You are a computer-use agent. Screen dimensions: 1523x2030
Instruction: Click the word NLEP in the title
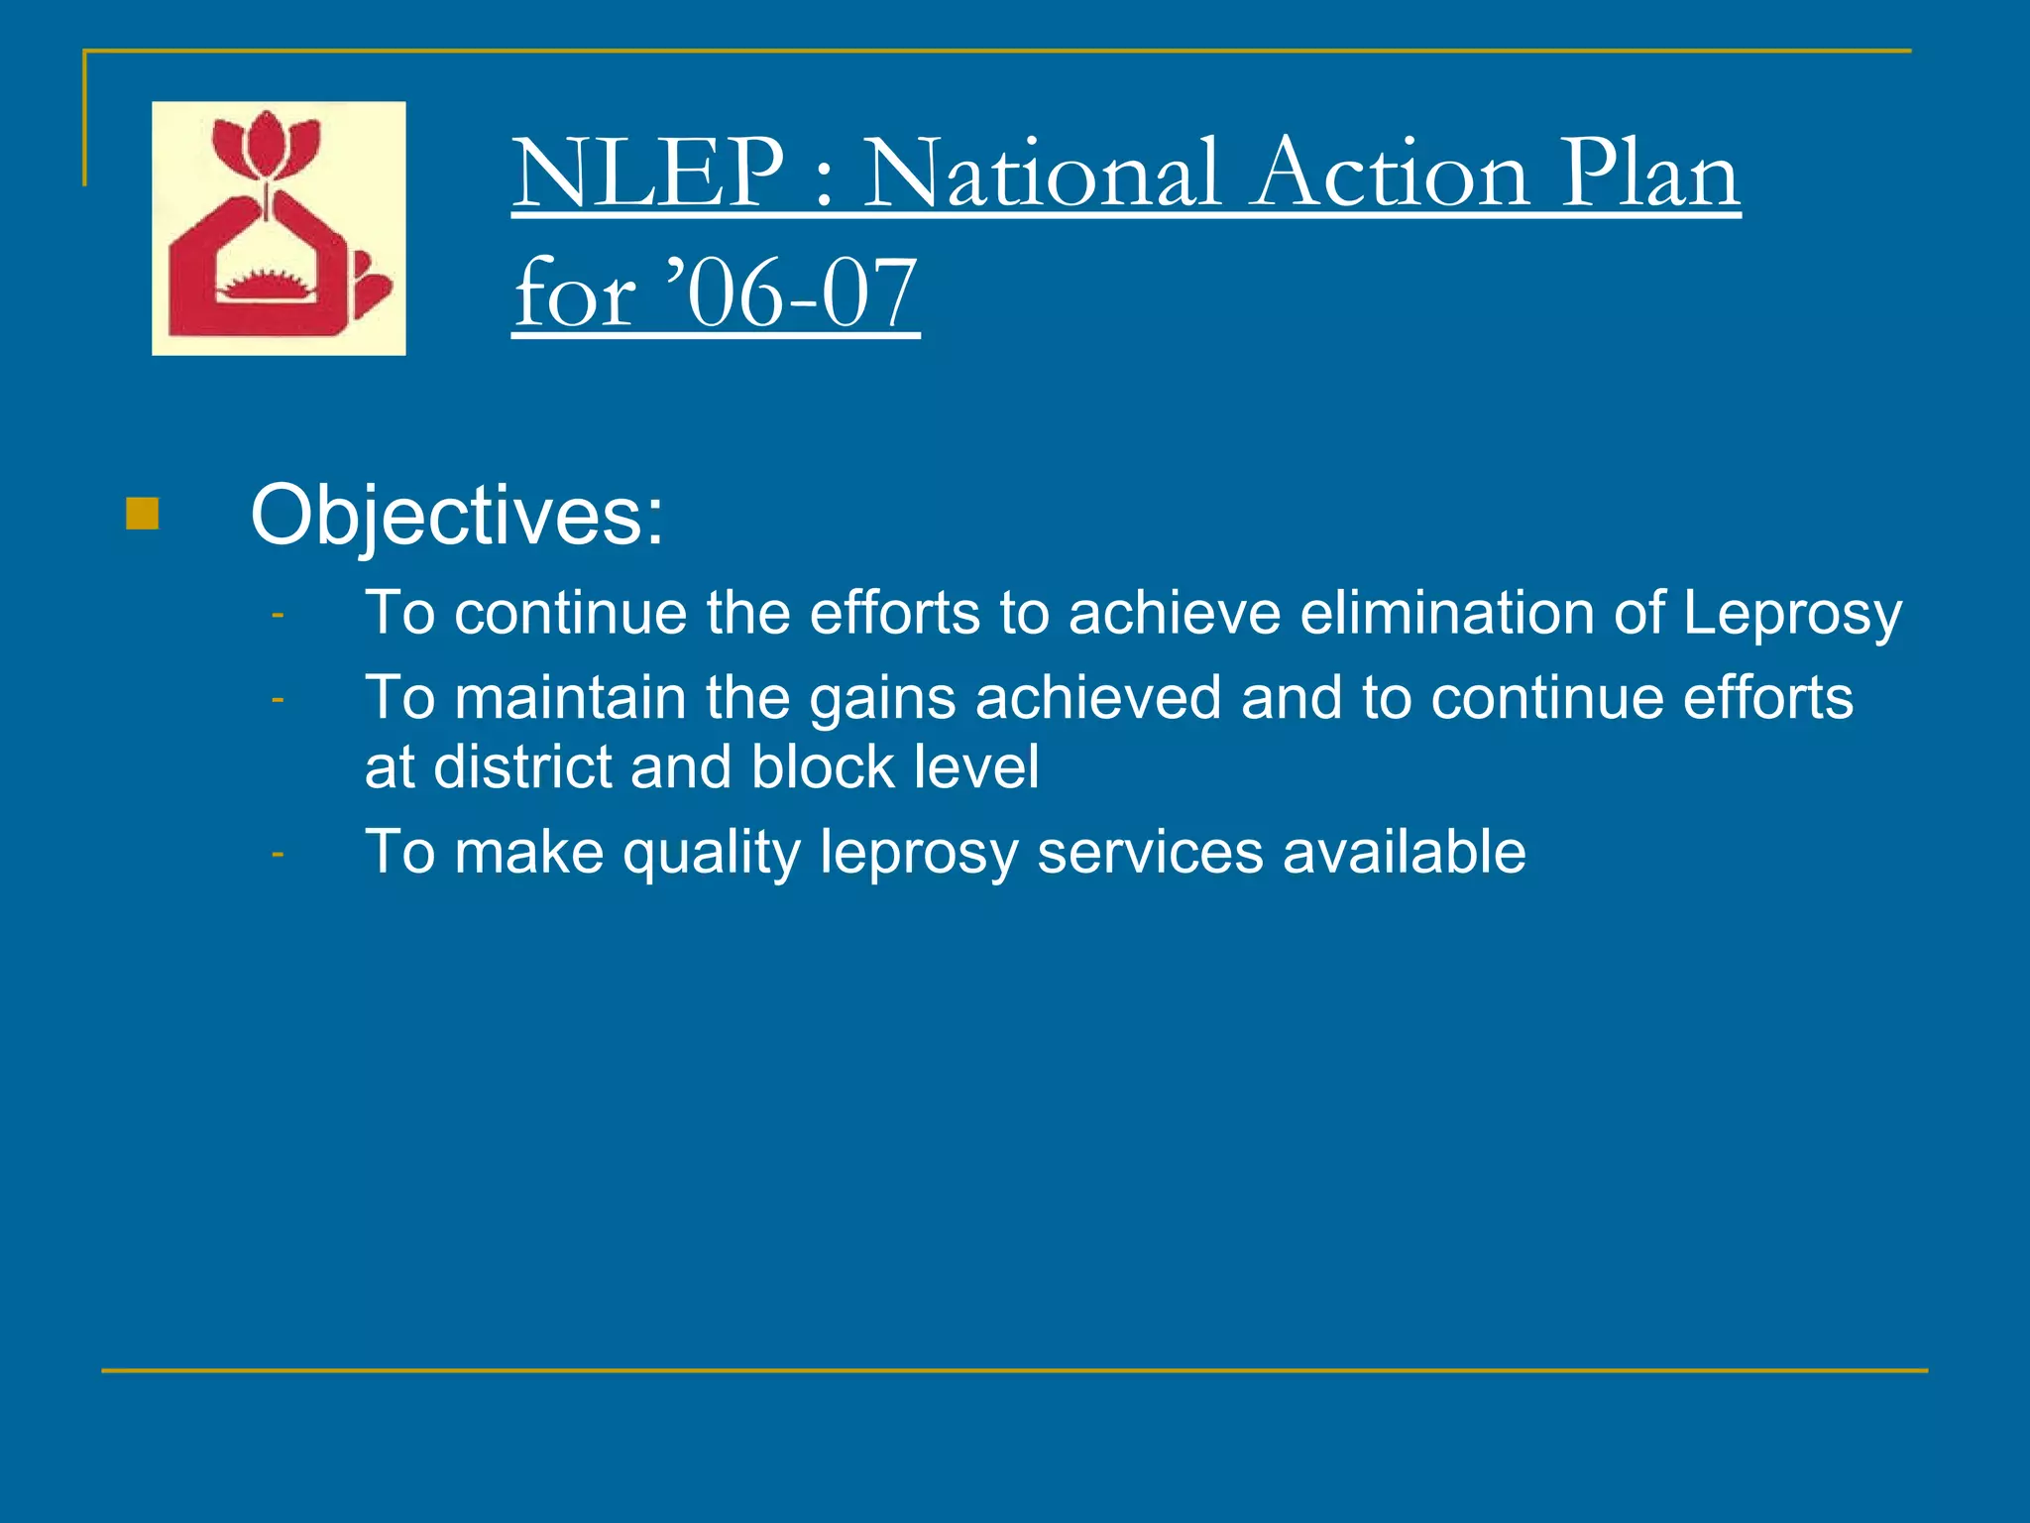point(649,175)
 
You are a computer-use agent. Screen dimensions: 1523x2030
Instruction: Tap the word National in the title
point(1042,175)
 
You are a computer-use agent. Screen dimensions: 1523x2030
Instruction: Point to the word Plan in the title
point(1649,175)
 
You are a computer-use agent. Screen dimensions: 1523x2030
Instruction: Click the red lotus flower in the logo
point(266,149)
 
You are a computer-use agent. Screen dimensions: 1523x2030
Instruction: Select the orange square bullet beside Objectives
point(143,514)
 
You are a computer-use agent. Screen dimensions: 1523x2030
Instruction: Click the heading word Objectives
point(457,516)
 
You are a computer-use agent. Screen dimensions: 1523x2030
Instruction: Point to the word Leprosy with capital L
point(1792,614)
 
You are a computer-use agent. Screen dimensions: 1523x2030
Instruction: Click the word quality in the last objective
point(711,854)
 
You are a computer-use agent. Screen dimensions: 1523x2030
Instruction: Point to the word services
point(1150,853)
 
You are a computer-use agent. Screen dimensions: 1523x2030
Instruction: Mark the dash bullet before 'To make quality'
point(278,853)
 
